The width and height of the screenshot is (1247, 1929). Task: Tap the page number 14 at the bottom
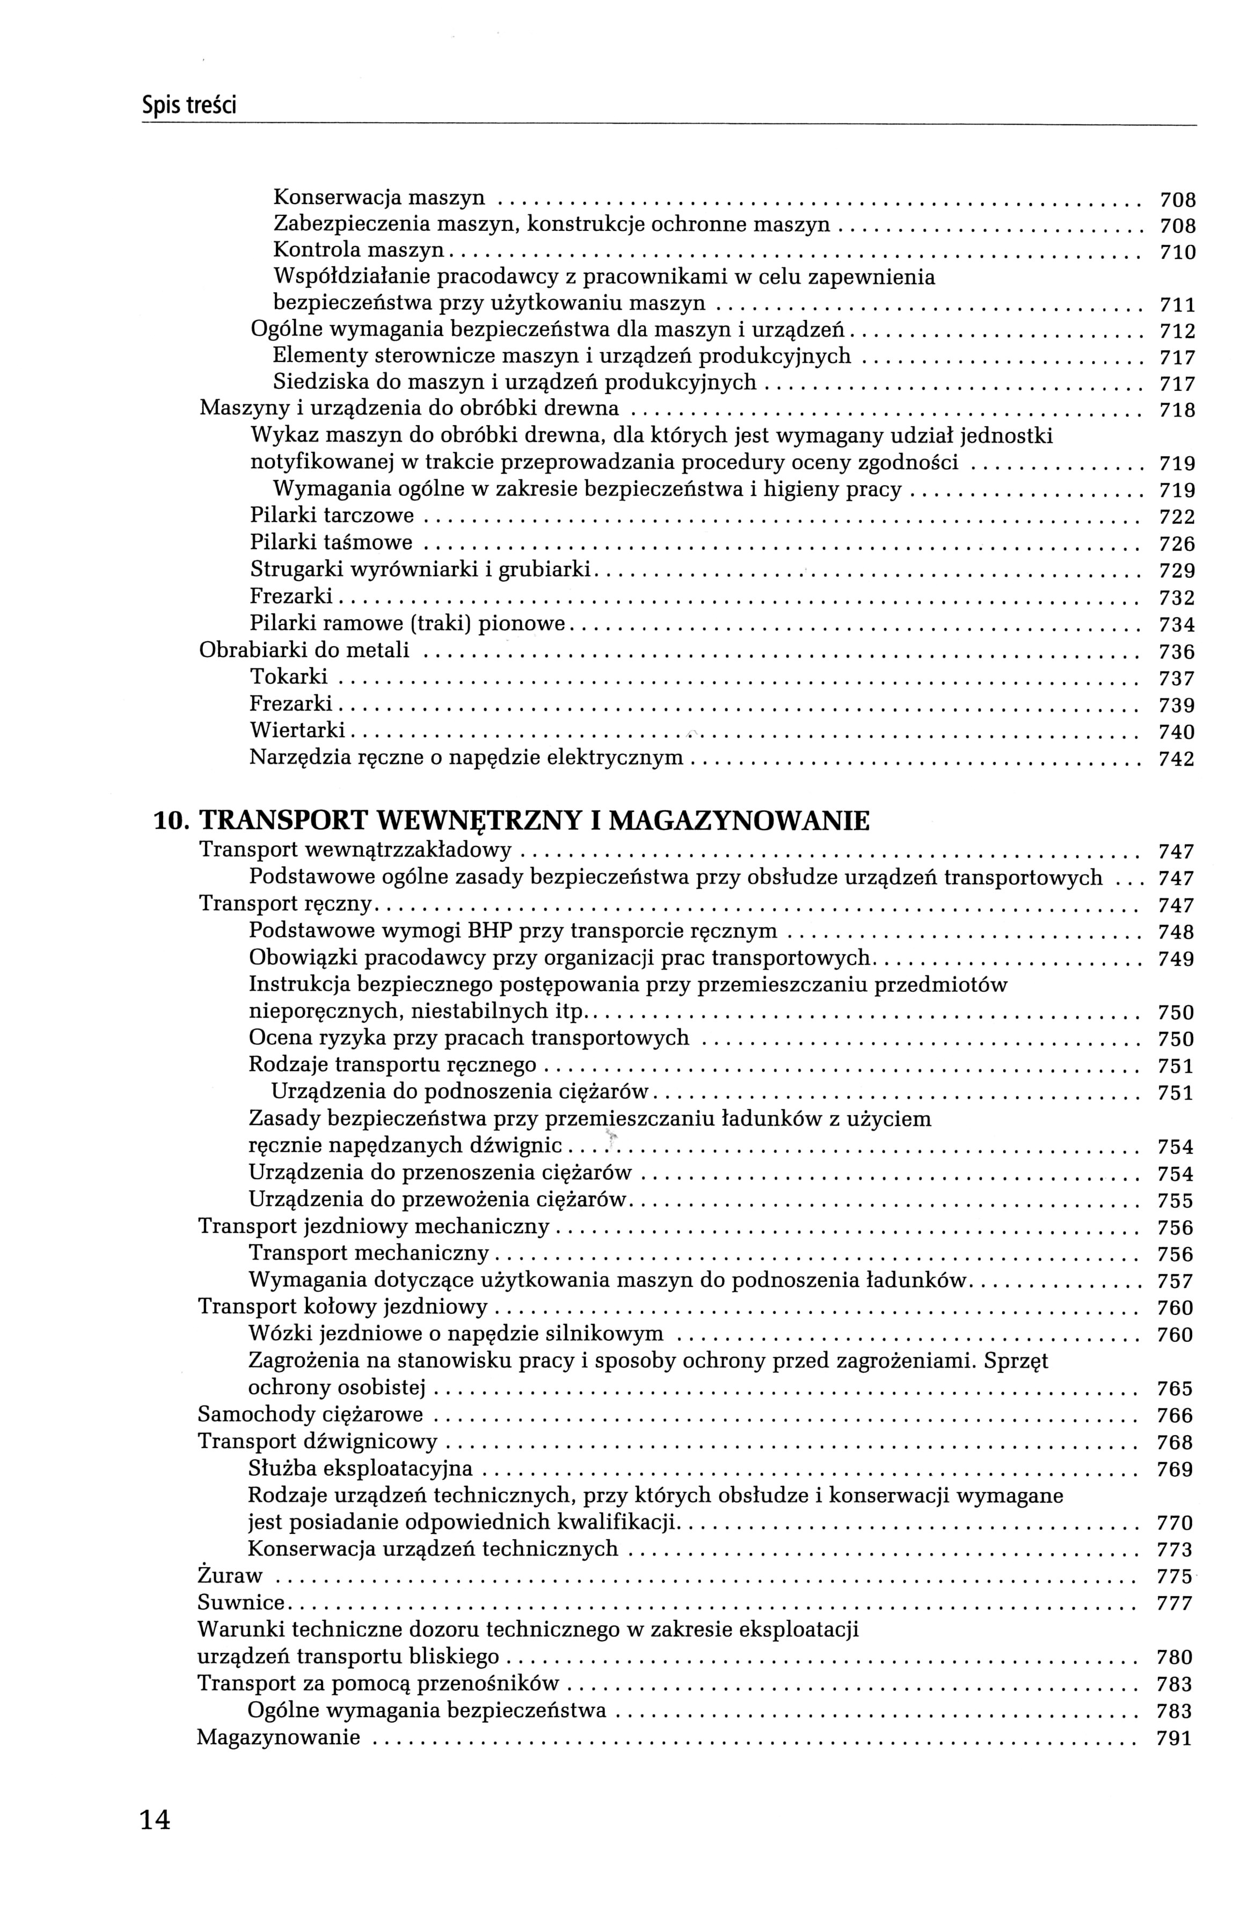pyautogui.click(x=156, y=1821)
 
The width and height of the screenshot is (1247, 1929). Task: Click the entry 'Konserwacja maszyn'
pyautogui.click(x=379, y=198)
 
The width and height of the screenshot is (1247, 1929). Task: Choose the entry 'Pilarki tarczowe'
pyautogui.click(x=332, y=516)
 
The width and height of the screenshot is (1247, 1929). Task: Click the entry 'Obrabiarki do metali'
pyautogui.click(x=304, y=650)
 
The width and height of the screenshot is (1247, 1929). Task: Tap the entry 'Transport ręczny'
pyautogui.click(x=285, y=904)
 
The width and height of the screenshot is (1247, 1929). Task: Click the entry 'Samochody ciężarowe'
pyautogui.click(x=310, y=1416)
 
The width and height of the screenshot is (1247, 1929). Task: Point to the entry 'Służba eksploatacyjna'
pyautogui.click(x=360, y=1469)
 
